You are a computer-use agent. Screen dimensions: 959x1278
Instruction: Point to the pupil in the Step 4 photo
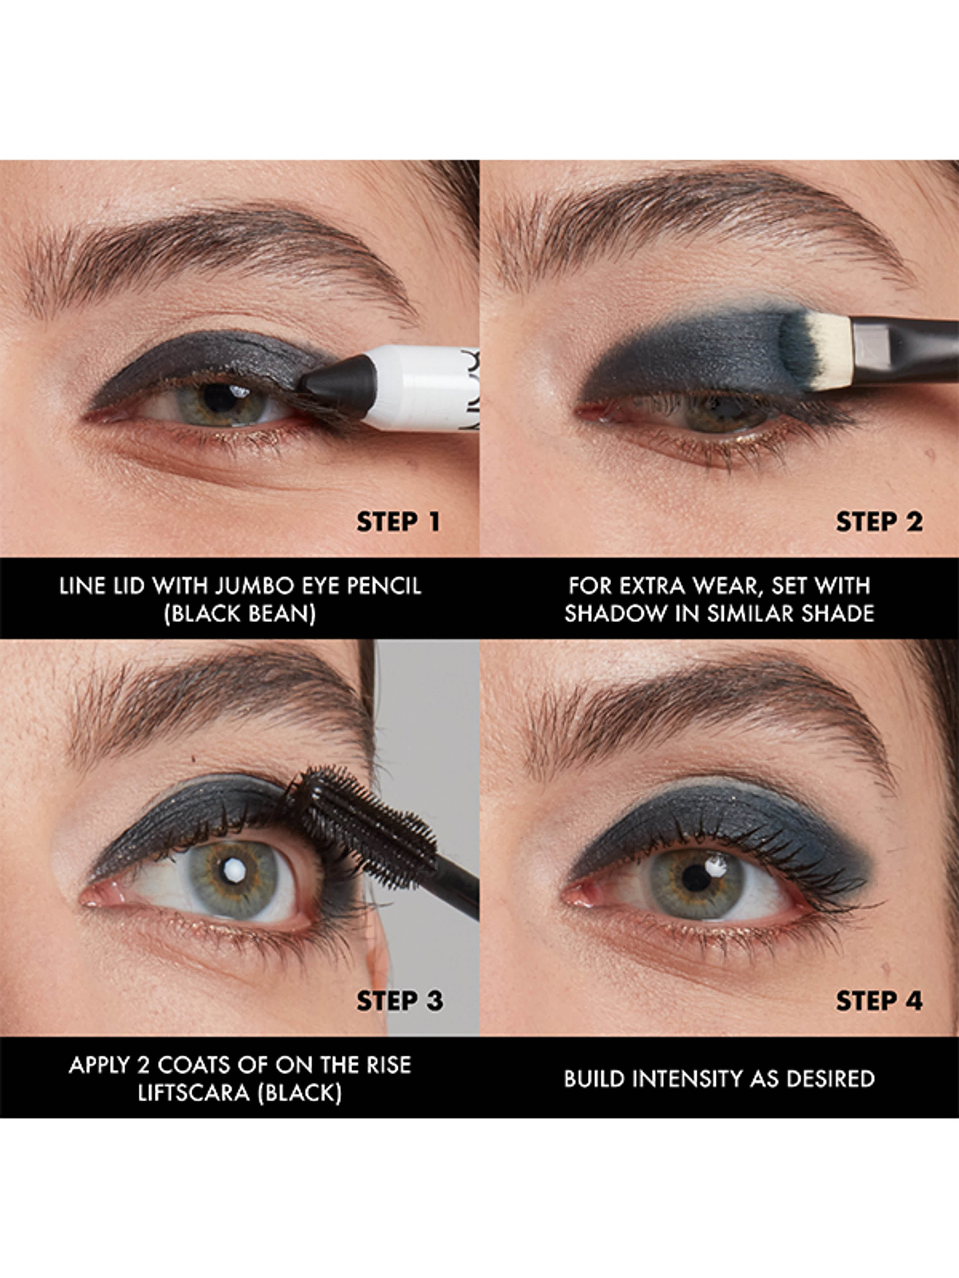point(697,878)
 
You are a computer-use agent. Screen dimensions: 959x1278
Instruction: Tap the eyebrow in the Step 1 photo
point(214,254)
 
